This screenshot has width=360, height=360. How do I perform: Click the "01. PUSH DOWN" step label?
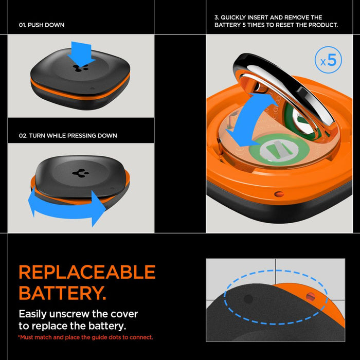[x=42, y=25]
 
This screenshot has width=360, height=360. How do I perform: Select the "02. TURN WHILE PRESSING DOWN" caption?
[x=68, y=136]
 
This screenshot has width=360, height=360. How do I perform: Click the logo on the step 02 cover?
[x=80, y=173]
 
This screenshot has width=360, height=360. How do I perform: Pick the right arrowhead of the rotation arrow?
[x=98, y=208]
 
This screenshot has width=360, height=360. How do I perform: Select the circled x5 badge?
[x=328, y=61]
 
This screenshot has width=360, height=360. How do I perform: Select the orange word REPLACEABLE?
[x=87, y=272]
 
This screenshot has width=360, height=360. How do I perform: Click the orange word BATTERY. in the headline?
[x=62, y=293]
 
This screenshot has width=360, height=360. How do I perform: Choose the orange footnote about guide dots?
[x=85, y=337]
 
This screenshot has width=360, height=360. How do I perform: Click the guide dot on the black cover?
[x=248, y=299]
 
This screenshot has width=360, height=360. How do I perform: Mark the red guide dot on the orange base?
[x=310, y=297]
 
